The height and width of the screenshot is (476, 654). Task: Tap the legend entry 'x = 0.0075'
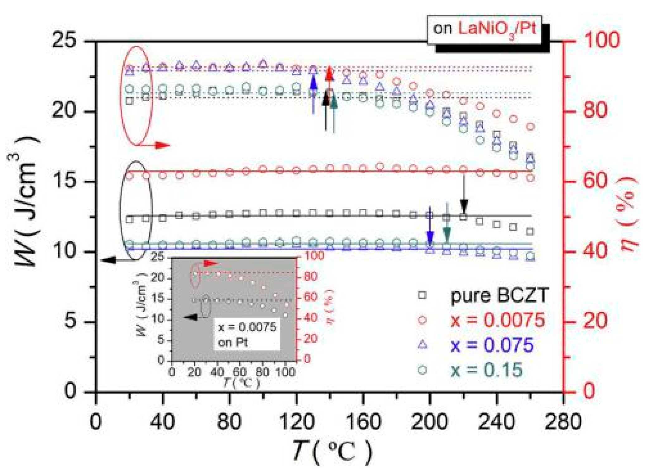(497, 320)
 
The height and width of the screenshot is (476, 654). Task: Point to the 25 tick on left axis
(64, 40)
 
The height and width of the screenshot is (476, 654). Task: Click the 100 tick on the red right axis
(602, 40)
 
